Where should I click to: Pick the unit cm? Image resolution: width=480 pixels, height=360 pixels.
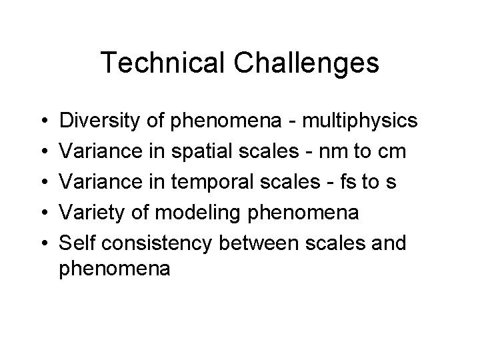coord(391,151)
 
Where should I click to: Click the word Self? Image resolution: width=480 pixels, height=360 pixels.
coord(75,243)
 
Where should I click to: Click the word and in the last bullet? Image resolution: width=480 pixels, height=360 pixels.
coord(389,243)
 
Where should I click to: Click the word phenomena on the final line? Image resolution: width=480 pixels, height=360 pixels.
coord(115,270)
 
